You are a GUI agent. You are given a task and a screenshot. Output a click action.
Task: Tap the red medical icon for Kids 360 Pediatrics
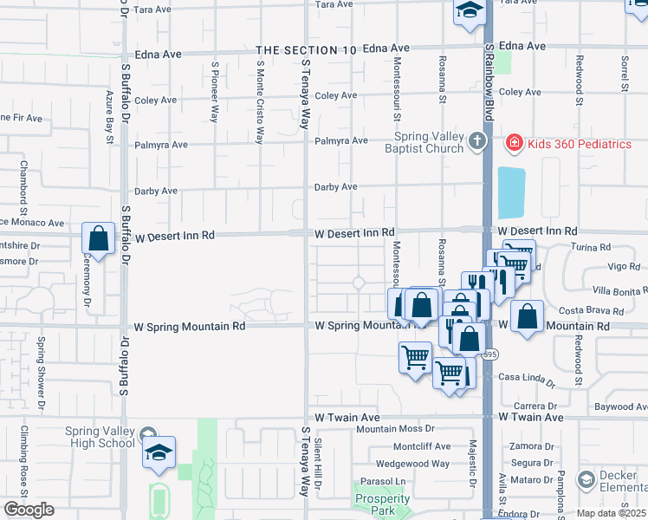(514, 142)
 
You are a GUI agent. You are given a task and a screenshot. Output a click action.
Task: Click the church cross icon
(476, 141)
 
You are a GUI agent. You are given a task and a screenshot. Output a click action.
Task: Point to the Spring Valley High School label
(100, 438)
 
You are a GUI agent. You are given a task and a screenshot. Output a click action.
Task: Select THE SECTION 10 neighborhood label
(306, 50)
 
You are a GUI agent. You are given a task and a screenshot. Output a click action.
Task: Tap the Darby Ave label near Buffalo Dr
(155, 192)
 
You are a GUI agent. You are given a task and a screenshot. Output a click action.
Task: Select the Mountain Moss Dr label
(395, 429)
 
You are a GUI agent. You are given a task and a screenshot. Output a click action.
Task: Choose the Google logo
(29, 510)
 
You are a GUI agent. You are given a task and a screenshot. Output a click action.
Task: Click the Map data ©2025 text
(610, 513)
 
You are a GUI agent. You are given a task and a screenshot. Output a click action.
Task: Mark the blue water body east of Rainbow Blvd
(511, 192)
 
